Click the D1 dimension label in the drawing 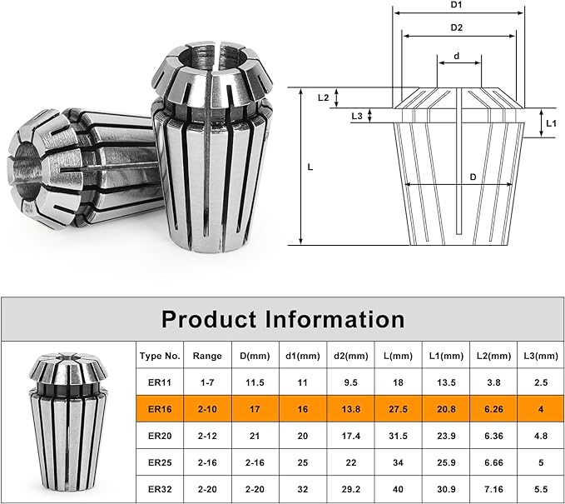[456, 5]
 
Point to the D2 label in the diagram [457, 27]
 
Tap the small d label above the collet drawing [457, 56]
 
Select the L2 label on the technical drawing [323, 97]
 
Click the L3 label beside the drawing [357, 116]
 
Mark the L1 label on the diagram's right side [552, 123]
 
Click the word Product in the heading [211, 319]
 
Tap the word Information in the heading [335, 319]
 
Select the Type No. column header [160, 356]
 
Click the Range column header [207, 356]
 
